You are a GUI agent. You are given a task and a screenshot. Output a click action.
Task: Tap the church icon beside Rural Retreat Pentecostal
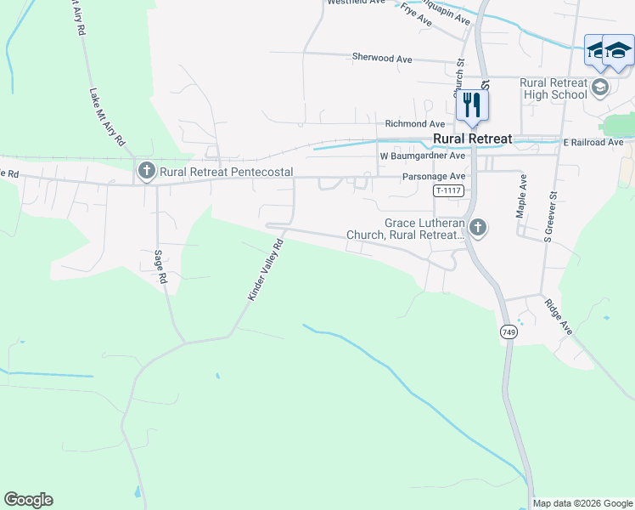click(145, 172)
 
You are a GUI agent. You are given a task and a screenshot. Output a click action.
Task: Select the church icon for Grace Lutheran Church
click(478, 227)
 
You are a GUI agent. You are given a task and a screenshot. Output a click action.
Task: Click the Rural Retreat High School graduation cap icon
click(600, 87)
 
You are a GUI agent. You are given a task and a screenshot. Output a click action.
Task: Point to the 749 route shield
click(509, 331)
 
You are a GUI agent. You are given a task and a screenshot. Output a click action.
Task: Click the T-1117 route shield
click(447, 190)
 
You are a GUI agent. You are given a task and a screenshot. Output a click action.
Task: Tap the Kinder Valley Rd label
click(265, 269)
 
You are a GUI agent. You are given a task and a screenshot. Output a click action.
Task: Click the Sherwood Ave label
click(382, 58)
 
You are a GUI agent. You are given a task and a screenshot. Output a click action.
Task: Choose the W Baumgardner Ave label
click(423, 156)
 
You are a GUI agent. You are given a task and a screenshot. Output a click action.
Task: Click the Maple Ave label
click(522, 196)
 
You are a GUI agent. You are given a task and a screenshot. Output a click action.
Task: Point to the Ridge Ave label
click(559, 315)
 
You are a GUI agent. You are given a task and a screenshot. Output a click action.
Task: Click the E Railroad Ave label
click(593, 142)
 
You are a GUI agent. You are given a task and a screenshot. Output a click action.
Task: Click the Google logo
click(28, 500)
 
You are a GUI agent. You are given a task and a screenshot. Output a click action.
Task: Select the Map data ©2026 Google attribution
click(582, 503)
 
